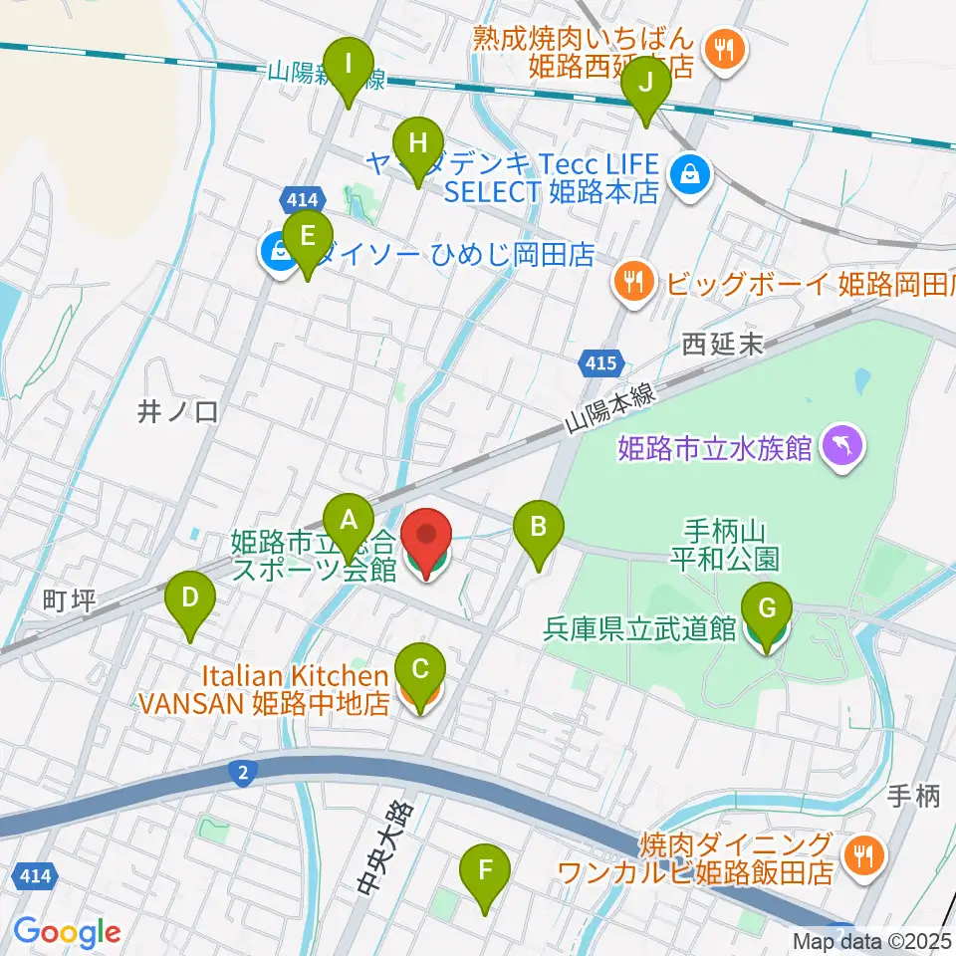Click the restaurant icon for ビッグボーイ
[634, 282]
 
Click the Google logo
[67, 931]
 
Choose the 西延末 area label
[722, 345]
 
